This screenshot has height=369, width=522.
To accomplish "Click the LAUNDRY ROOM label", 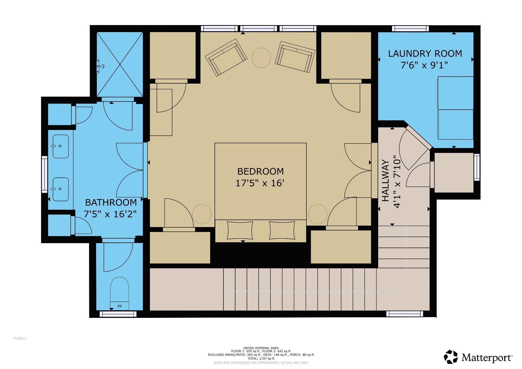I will (425, 53).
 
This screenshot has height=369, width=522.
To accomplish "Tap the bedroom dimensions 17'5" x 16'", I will (260, 183).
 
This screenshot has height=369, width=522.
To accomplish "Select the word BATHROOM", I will (111, 203).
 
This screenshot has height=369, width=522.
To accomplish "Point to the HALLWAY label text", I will (385, 181).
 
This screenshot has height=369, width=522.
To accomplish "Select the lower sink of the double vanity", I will (61, 189).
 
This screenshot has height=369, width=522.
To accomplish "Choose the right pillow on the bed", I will (283, 230).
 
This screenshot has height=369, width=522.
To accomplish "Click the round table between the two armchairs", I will (261, 58).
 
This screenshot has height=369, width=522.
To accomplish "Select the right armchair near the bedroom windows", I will (295, 57).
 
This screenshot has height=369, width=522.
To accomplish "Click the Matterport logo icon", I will (451, 357).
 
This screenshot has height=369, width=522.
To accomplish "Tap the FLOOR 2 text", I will (20, 338).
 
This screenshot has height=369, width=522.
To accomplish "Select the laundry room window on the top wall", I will (410, 28).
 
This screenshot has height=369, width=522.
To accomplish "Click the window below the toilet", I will (118, 314).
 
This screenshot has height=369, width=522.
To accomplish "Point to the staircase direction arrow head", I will (406, 228).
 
